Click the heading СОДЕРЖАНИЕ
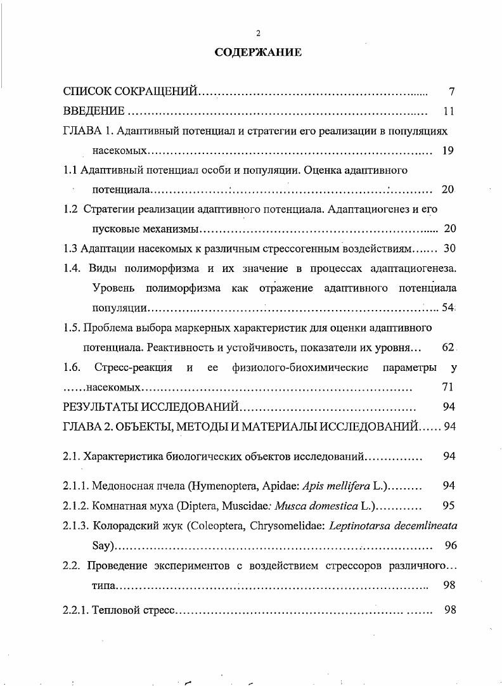click(257, 53)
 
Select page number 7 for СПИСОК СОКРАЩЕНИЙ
click(451, 91)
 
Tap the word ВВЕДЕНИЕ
click(94, 111)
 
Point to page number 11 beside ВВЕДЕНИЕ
click(449, 111)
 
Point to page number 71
click(446, 387)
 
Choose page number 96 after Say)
click(451, 545)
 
